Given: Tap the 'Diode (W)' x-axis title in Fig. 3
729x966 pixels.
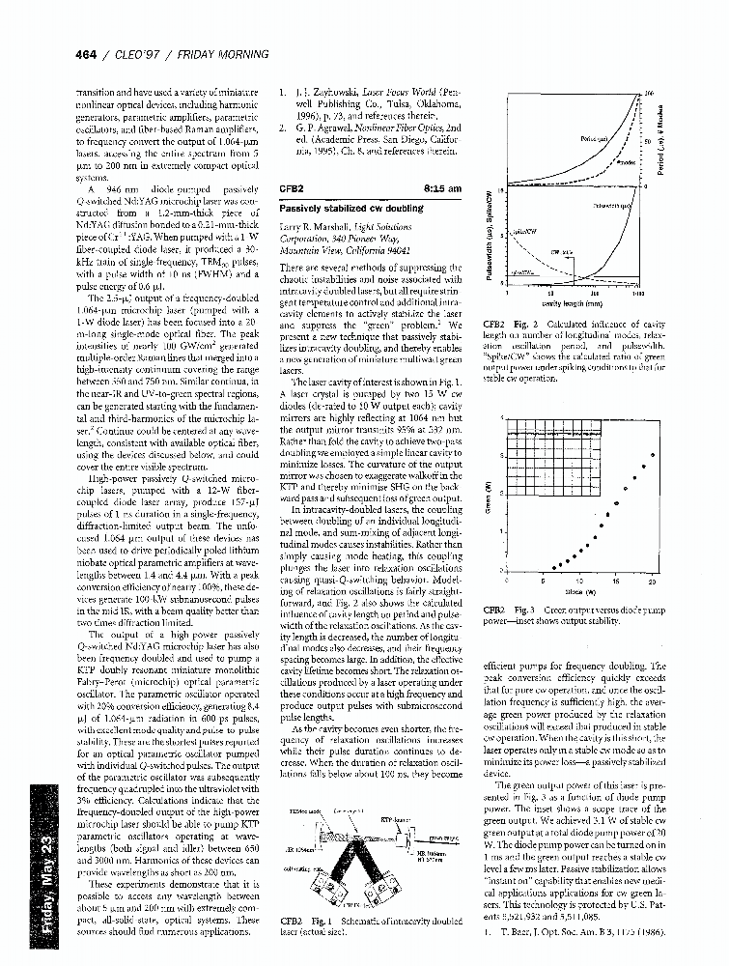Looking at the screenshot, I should pyautogui.click(x=575, y=590).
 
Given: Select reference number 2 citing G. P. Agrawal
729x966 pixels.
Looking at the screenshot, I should pyautogui.click(x=281, y=127).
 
